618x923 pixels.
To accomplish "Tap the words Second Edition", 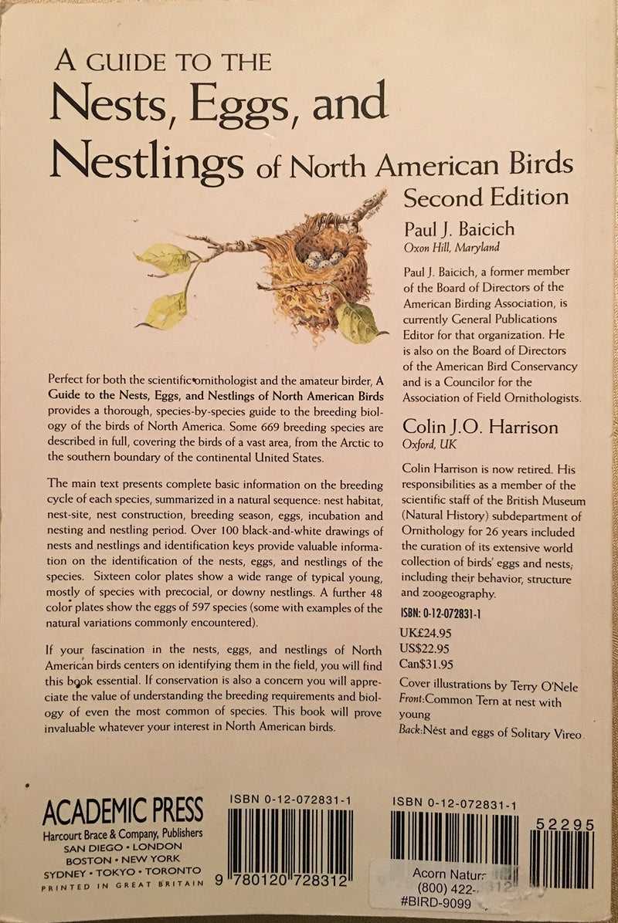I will [486, 198].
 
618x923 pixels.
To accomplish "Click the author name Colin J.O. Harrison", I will [478, 426].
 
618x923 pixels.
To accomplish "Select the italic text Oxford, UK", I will [430, 444].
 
